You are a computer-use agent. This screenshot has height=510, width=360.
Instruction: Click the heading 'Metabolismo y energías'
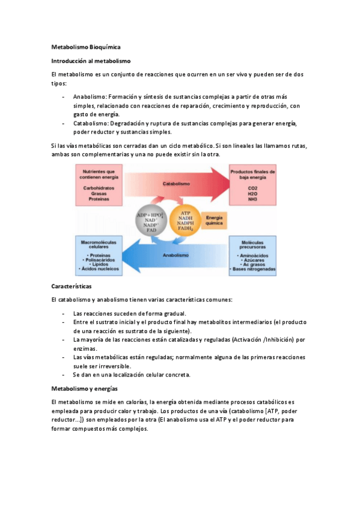[x=84, y=389]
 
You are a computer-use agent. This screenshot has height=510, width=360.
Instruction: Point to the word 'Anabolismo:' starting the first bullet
[x=90, y=96]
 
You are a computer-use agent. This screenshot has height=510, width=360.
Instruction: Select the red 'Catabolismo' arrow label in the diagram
[x=176, y=183]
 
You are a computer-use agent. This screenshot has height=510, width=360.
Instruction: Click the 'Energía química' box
[x=215, y=221]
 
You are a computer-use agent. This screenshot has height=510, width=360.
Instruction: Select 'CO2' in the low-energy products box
[x=252, y=188]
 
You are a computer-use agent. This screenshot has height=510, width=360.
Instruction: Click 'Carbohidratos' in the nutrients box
[x=100, y=188]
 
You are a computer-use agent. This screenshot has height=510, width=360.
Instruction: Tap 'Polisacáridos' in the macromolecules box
[x=100, y=259]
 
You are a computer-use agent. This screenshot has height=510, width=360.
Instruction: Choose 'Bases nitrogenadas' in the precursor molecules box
[x=253, y=269]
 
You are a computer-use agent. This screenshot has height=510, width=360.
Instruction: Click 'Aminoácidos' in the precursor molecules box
[x=253, y=255]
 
